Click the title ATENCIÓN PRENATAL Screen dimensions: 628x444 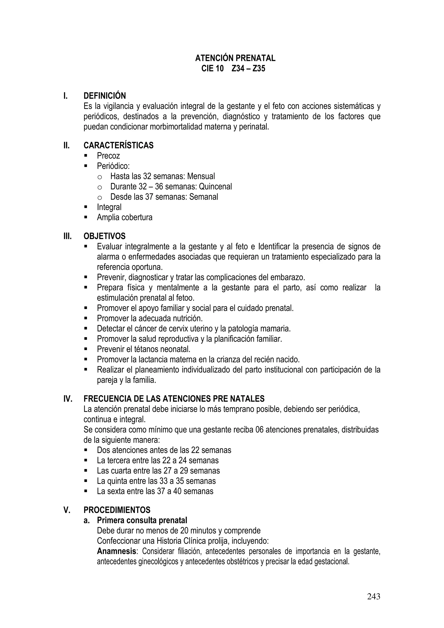(x=235, y=58)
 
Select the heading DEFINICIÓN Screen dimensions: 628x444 (x=104, y=96)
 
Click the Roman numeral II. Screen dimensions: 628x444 (x=67, y=145)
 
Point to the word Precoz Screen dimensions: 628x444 (x=108, y=156)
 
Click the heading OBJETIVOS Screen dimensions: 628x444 (x=104, y=236)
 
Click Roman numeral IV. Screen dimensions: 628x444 (x=68, y=399)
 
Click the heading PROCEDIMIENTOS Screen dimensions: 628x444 (x=117, y=510)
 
